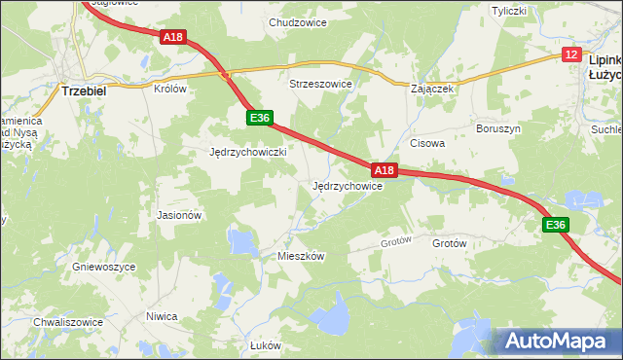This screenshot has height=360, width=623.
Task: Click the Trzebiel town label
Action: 83,90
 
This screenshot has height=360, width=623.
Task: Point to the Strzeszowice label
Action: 320,85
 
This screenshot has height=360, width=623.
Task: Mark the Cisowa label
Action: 427,143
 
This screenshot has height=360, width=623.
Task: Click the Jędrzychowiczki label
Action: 248,153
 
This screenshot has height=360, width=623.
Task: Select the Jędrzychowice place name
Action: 347,186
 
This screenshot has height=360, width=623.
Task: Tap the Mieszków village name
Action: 301,255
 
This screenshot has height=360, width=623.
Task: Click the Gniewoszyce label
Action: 104,266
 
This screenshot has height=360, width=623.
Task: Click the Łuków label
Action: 265,345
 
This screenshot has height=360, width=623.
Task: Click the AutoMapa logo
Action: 560,342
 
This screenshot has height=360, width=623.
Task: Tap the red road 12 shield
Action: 571,55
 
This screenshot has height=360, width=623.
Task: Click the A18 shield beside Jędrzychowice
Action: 385,170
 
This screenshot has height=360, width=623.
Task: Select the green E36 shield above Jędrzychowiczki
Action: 258,118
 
